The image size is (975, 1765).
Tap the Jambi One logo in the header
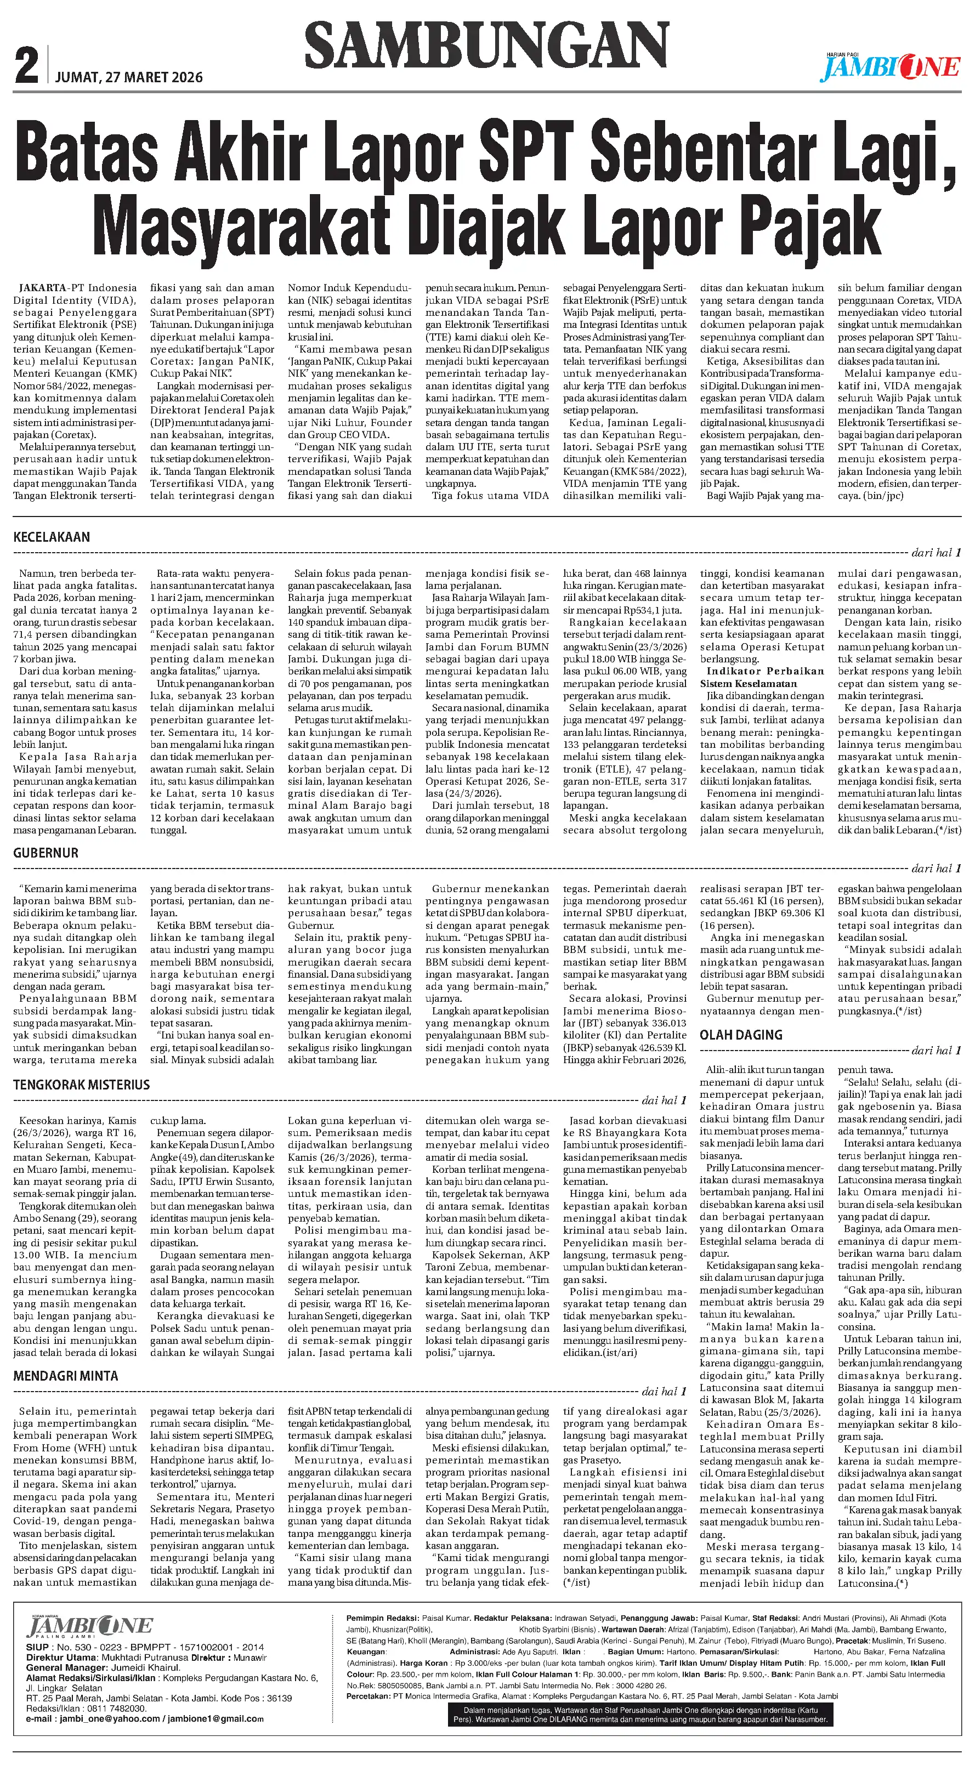(x=891, y=67)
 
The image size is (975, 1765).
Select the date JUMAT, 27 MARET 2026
(x=129, y=77)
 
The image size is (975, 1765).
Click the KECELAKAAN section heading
(x=52, y=537)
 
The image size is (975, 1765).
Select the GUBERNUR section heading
(x=46, y=853)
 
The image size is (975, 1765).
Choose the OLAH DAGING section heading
(x=741, y=1035)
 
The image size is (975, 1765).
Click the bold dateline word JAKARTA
(x=42, y=288)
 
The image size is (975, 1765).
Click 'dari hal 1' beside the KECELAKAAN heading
(x=936, y=552)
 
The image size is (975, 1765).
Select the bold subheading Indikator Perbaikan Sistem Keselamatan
(x=761, y=677)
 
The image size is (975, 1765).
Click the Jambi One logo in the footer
(x=89, y=1627)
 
